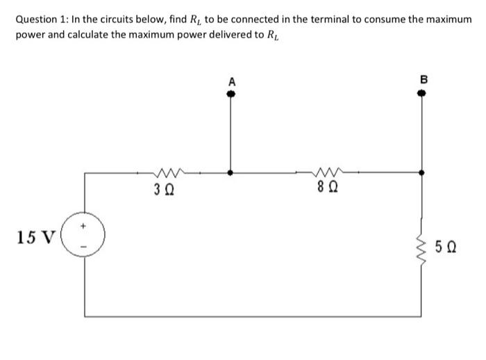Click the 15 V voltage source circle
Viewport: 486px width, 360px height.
click(85, 238)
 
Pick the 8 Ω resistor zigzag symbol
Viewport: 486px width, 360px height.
click(327, 171)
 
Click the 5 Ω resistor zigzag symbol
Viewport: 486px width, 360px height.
click(421, 245)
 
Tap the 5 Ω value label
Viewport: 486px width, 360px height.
click(446, 245)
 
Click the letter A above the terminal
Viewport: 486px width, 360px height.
click(231, 82)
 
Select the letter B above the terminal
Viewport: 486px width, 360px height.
click(421, 82)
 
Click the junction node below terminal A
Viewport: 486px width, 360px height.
click(231, 172)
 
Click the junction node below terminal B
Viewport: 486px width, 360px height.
click(421, 172)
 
